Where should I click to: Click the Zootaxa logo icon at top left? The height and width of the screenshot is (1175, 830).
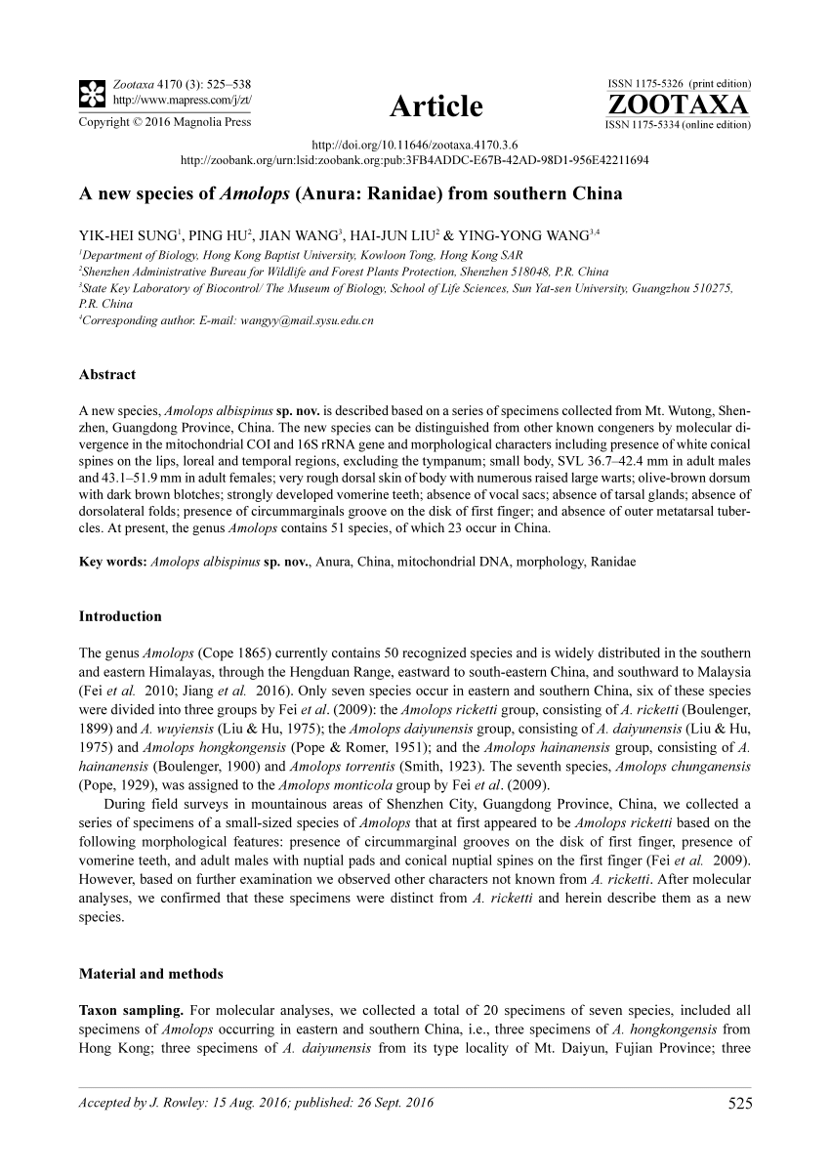coord(91,93)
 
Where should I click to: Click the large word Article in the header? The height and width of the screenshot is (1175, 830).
coord(436,105)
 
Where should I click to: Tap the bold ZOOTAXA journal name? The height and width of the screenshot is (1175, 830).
coord(678,105)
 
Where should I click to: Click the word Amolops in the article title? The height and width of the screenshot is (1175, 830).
coord(249,193)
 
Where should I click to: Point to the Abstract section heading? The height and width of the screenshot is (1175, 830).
coord(106,374)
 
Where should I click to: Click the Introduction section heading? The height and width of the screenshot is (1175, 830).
coord(119,616)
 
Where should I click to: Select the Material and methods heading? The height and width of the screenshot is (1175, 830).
coord(150,973)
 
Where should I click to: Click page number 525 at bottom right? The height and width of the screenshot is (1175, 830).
coord(739,1105)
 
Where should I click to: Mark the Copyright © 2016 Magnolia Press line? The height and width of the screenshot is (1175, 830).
coord(164,122)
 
